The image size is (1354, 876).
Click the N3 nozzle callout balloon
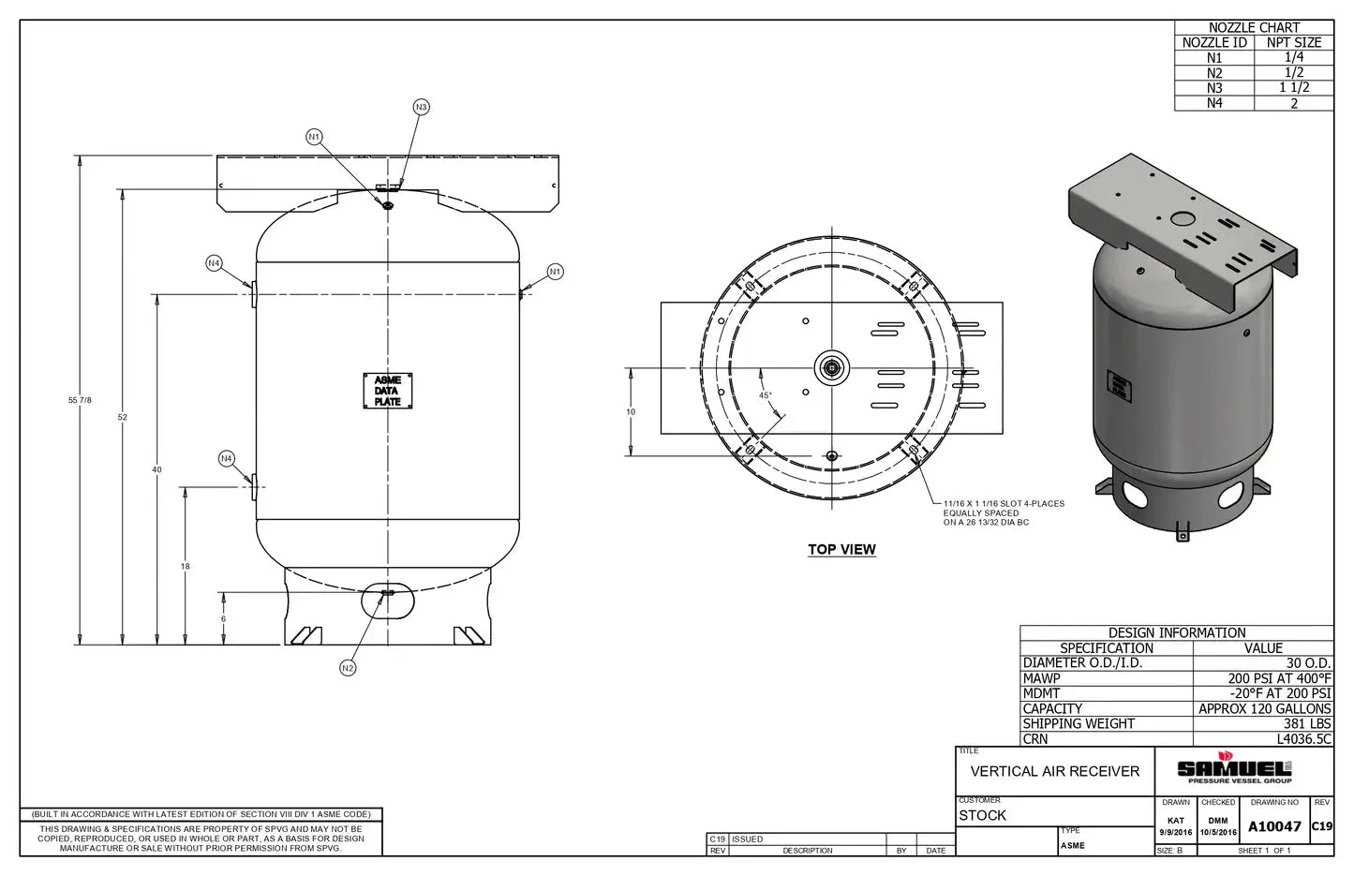(x=421, y=108)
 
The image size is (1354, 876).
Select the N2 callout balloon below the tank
(x=348, y=668)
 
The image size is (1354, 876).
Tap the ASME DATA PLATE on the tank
(x=388, y=391)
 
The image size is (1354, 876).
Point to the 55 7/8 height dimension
(x=80, y=400)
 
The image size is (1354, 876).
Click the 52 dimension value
(x=123, y=417)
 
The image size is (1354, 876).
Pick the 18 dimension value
(x=186, y=567)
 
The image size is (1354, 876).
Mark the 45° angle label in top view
(x=766, y=395)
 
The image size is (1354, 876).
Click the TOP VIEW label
(x=841, y=550)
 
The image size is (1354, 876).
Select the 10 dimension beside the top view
(x=631, y=412)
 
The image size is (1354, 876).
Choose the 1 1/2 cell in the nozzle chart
(x=1294, y=88)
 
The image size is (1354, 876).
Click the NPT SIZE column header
(x=1294, y=42)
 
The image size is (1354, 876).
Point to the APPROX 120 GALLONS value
(x=1264, y=709)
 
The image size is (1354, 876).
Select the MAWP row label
(x=1042, y=678)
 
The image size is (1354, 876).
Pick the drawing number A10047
(x=1274, y=826)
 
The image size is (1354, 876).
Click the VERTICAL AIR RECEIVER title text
(x=1055, y=771)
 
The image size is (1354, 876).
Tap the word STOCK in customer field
(x=982, y=816)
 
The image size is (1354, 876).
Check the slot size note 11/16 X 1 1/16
(x=1004, y=504)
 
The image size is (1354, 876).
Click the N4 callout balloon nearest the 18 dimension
(x=227, y=459)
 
